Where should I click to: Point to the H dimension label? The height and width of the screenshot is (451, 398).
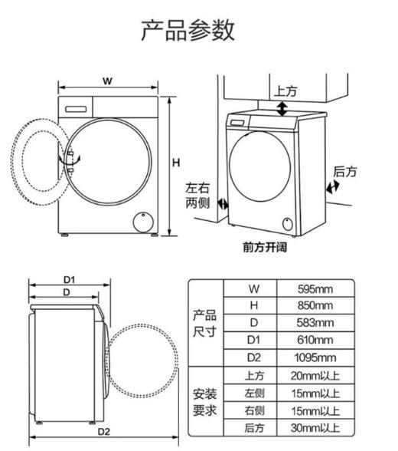tap(175, 162)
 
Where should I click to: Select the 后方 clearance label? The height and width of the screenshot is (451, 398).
tap(344, 172)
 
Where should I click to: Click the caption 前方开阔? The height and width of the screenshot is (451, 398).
tap(264, 248)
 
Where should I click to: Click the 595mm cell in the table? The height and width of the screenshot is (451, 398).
tap(316, 288)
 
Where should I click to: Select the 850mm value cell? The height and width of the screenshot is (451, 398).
tap(316, 305)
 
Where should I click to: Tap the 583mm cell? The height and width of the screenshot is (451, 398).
tap(316, 323)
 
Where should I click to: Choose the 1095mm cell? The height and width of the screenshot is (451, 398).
tap(316, 357)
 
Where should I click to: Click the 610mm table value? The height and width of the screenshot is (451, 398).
tap(316, 340)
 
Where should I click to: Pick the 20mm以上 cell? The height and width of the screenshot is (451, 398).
tap(316, 375)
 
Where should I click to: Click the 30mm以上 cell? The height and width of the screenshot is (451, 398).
tap(316, 427)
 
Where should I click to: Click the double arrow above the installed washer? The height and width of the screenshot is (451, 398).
tap(282, 109)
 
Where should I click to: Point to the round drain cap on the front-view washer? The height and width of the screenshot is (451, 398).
tap(142, 221)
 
